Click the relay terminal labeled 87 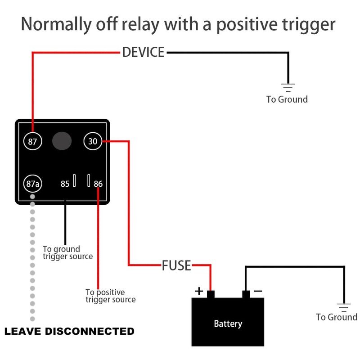32,141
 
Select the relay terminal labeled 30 93,141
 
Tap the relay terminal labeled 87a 32,184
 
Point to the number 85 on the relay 65,184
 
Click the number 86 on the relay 98,184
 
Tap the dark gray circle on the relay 62,141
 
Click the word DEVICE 143,52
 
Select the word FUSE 176,265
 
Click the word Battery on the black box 228,324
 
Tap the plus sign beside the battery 199,291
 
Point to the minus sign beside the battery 258,291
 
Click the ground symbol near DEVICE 288,87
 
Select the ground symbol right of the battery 344,307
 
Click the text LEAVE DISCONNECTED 69,332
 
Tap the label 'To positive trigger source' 110,296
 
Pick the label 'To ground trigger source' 67,252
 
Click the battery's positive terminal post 211,294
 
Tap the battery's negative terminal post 246,294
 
